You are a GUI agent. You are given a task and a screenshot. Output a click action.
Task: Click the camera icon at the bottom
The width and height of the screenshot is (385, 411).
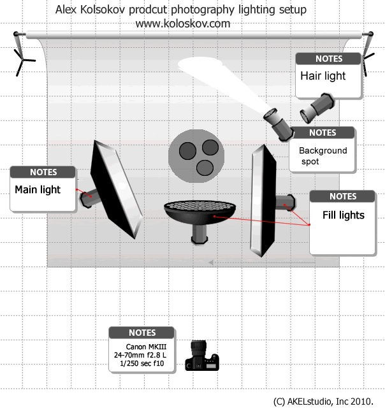coord(202,355)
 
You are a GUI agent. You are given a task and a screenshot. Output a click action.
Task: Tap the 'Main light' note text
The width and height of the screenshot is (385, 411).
coord(38,190)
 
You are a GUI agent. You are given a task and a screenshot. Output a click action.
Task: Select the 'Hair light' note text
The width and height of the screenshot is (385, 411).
coord(323,76)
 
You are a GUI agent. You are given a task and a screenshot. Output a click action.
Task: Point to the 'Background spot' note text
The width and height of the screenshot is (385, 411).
coord(323,155)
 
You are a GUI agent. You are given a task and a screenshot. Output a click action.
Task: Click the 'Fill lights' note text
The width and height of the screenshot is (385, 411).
coord(344,215)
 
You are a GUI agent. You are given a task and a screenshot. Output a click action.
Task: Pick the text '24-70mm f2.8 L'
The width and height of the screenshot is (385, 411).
coord(140,355)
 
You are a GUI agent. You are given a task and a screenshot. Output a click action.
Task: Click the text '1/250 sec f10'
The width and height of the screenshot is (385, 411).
coord(142,364)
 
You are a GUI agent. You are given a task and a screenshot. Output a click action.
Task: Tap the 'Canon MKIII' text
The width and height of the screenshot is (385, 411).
coord(146,347)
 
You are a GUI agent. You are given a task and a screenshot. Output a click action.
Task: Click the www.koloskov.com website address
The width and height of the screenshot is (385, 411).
coord(183,24)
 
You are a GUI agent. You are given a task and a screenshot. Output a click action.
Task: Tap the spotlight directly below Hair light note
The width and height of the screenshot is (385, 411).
coord(317,108)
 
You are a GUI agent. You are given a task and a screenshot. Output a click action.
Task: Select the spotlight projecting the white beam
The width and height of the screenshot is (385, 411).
coord(279,124)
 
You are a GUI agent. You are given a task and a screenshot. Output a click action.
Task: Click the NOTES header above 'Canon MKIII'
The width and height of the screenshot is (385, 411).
coord(142,333)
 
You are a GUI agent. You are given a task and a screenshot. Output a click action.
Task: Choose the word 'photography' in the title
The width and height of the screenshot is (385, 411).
coord(203,10)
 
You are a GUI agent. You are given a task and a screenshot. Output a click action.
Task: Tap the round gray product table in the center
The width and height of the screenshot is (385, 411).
coord(196,155)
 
